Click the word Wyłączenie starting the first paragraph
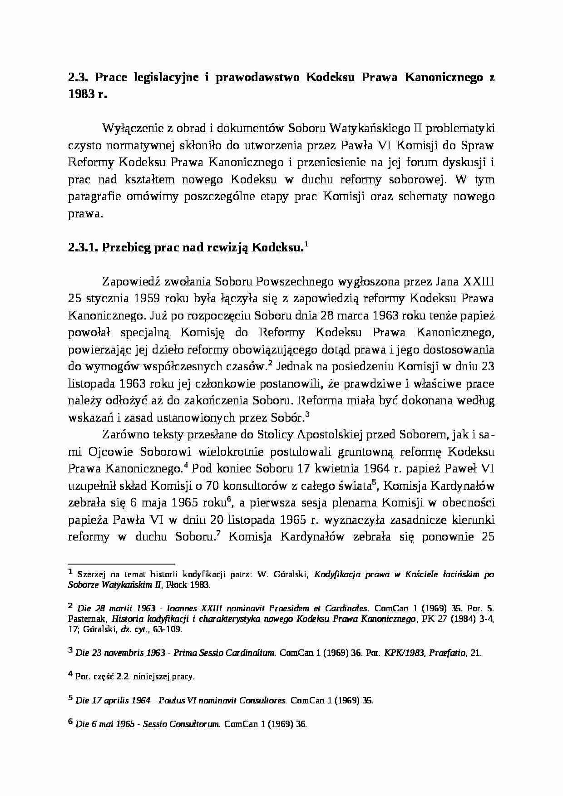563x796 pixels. [x=131, y=129]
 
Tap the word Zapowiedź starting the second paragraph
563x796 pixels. [x=129, y=282]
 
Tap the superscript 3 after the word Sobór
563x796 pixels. [x=307, y=414]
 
